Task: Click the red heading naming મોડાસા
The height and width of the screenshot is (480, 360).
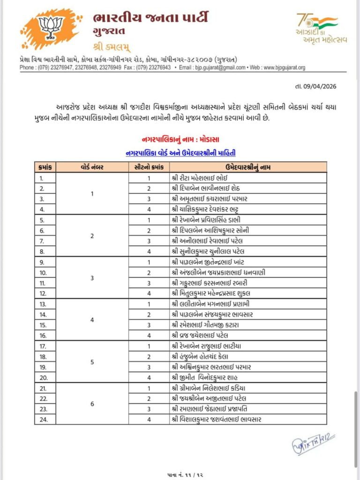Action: click(x=180, y=140)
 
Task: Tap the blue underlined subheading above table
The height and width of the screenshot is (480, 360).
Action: click(x=180, y=153)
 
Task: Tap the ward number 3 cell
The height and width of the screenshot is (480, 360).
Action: click(x=92, y=277)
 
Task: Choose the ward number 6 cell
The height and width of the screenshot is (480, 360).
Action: click(x=92, y=404)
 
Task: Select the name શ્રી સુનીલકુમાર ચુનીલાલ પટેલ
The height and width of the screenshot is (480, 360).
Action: click(x=212, y=251)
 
